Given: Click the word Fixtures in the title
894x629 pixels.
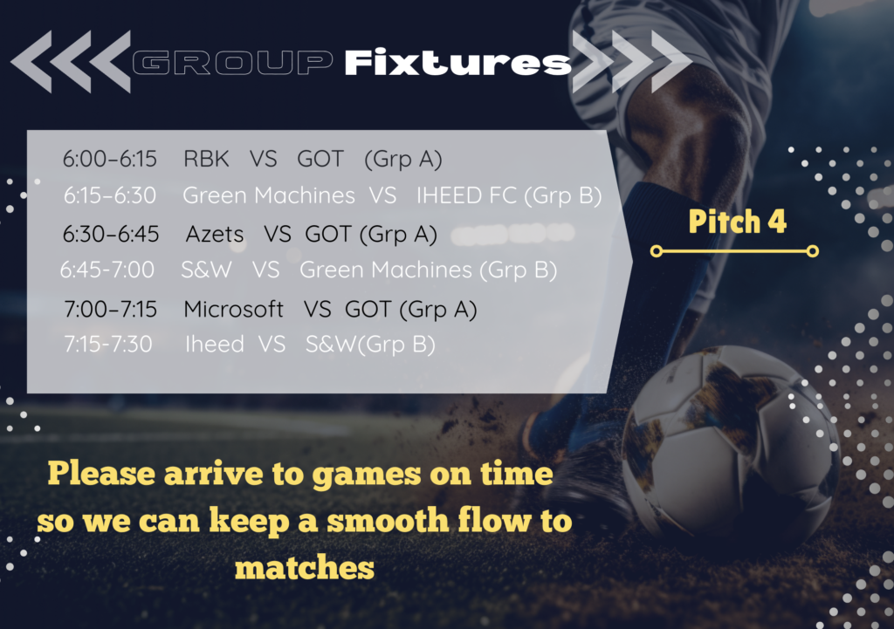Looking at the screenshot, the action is coord(457,62).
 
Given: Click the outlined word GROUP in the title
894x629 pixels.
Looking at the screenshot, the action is coord(232,63).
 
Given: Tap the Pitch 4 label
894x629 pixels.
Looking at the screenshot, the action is coord(737,221).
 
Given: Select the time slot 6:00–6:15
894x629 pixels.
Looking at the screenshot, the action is coord(109,159).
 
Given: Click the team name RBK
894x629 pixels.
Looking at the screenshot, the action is coord(206,159).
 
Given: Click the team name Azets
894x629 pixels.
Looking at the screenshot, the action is coord(215,234).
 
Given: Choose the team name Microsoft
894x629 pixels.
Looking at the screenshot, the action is coord(233,310).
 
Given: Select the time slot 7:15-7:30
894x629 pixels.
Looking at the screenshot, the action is coord(107,344).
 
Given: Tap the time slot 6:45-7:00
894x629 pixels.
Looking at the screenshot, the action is coord(107,270).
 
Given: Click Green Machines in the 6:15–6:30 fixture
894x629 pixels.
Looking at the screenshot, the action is coord(269,195).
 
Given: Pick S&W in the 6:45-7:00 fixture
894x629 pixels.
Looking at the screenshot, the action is coord(206,270).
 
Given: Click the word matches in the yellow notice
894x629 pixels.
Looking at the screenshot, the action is coord(305,568).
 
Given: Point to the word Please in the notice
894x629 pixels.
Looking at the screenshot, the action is coord(101,474).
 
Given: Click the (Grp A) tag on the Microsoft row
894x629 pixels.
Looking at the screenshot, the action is coord(438,310).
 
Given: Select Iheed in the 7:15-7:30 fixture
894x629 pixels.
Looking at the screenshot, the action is coord(215,344).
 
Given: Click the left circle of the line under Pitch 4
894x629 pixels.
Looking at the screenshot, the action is coord(657,251).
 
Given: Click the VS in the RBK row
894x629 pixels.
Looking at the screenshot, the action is coord(264,159).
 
